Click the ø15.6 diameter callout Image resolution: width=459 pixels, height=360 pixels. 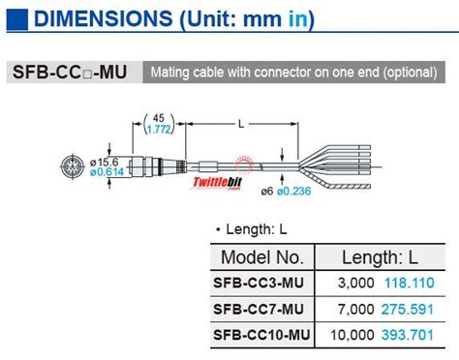click(103, 162)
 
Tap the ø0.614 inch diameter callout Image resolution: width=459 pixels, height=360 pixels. click(104, 173)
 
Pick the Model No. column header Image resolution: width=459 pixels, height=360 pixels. click(261, 257)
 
